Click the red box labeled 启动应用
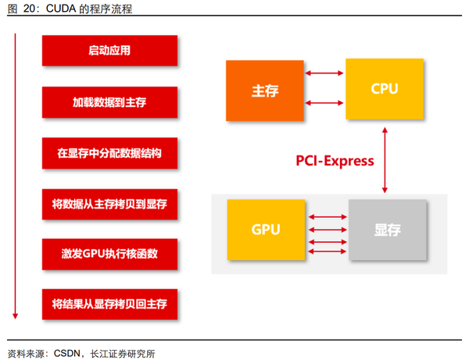(x=109, y=51)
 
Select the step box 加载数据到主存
(x=109, y=102)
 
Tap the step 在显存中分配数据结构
(x=109, y=153)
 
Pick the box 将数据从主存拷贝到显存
(x=109, y=204)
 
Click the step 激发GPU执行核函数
(x=109, y=255)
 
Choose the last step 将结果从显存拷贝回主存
(x=109, y=304)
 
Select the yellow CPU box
(x=385, y=89)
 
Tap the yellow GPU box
(x=266, y=230)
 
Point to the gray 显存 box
(x=388, y=230)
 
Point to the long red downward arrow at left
(x=14, y=176)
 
